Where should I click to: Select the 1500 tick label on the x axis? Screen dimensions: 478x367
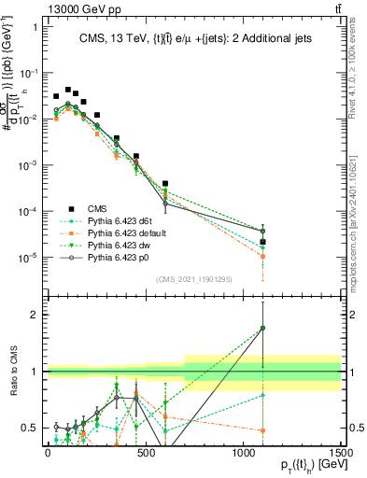341,452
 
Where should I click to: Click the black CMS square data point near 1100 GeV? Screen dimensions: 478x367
263,242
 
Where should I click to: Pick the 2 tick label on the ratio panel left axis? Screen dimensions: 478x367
35,315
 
